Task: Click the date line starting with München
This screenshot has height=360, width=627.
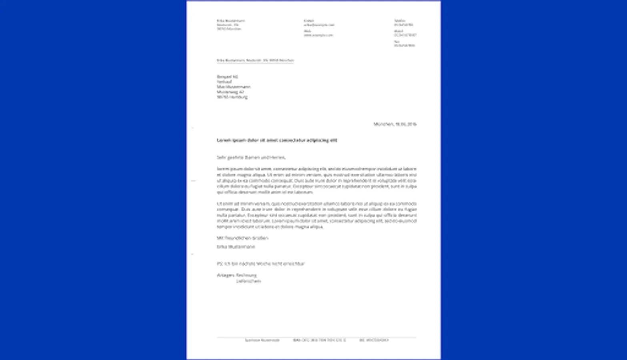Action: point(395,124)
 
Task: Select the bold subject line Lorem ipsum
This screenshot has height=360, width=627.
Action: point(277,140)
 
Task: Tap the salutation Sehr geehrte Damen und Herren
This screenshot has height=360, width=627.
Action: point(251,158)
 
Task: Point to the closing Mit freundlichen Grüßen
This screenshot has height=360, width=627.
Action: point(242,238)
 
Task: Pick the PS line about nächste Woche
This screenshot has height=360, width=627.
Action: point(260,264)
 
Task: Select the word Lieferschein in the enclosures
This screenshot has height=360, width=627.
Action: point(248,281)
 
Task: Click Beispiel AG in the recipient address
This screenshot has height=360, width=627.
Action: point(227,77)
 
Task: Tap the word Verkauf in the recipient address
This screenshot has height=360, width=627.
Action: point(224,82)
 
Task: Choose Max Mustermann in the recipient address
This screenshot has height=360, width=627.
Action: point(234,87)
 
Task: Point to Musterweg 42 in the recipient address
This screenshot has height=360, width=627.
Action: point(230,92)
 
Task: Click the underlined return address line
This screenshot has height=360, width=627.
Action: point(255,60)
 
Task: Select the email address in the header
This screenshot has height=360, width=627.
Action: point(319,25)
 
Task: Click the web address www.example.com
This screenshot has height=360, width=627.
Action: point(318,35)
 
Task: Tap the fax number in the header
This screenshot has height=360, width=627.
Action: point(404,46)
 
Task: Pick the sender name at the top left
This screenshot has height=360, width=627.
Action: point(231,21)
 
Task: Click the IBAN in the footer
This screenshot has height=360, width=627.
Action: point(319,340)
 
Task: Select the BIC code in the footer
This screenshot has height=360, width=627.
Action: point(374,340)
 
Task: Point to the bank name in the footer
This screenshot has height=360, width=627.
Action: point(262,340)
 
